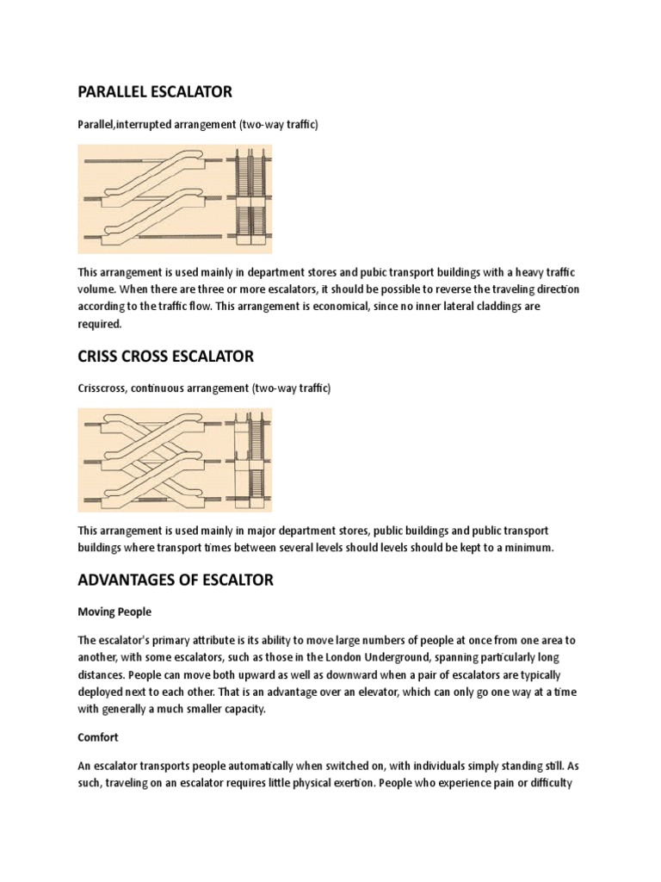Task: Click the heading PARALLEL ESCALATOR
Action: pyautogui.click(x=155, y=91)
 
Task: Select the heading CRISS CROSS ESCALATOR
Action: pyautogui.click(x=165, y=356)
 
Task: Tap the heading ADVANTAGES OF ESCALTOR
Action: pyautogui.click(x=176, y=580)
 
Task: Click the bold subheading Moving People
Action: pyautogui.click(x=114, y=612)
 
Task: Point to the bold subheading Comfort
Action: pyautogui.click(x=98, y=738)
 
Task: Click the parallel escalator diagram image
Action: pyautogui.click(x=175, y=198)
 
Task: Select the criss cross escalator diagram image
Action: pyautogui.click(x=175, y=460)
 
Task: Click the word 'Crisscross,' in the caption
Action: pyautogui.click(x=105, y=388)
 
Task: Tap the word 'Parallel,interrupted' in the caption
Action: pyautogui.click(x=126, y=125)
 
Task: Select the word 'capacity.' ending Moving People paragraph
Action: pyautogui.click(x=269, y=709)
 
